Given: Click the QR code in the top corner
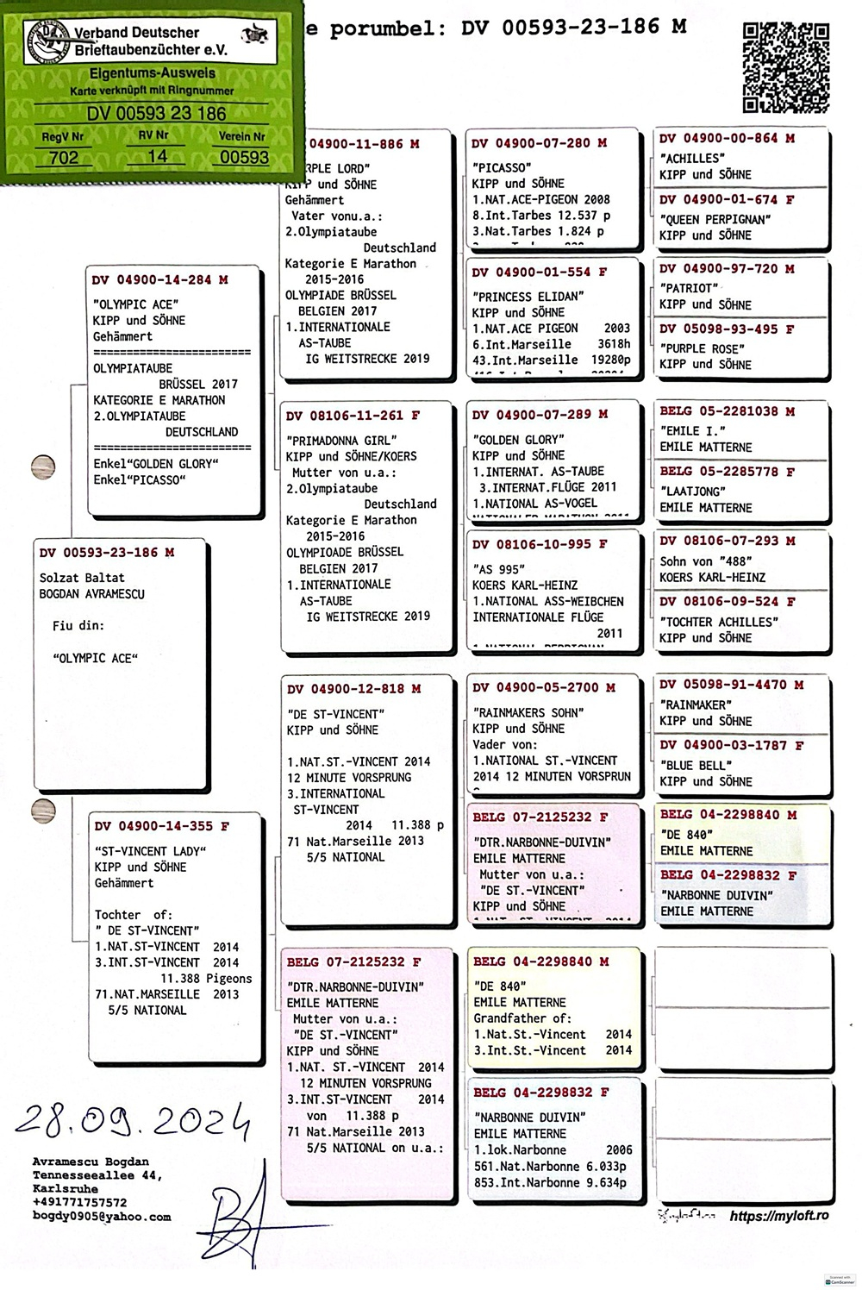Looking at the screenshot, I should pos(786,68).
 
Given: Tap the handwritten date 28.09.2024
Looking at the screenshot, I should pos(133,1118).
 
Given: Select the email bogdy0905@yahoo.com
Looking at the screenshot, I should pos(102,1217).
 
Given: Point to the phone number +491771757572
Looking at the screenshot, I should pos(79,1202).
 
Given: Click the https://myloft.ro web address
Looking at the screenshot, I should pos(779,1216).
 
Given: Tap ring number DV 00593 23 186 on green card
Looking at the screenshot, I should pos(156,114).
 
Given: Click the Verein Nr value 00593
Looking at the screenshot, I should pos(244,157).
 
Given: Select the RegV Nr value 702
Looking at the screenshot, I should pos(64,157).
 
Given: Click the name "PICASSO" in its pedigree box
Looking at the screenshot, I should pos(502,167).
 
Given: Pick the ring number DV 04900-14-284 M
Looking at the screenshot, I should pos(160,280).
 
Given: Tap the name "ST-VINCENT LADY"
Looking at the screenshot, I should pos(151,851).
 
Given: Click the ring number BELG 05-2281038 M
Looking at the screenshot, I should pos(727,411).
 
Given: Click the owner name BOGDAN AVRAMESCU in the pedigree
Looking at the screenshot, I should pos(92,594).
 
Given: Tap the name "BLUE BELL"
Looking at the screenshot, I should pos(696,765).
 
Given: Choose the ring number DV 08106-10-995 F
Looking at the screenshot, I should pos(539,544).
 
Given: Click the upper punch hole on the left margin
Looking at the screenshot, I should pos(42,467).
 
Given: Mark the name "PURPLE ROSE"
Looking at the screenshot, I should pos(703,348).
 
